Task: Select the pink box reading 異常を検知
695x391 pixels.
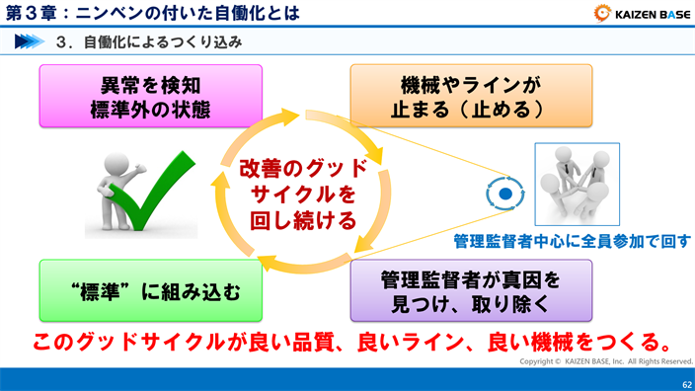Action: coord(150,97)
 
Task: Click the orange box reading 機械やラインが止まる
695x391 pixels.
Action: coord(470,97)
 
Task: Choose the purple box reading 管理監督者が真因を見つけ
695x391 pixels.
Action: coord(470,290)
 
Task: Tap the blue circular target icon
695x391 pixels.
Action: coord(504,195)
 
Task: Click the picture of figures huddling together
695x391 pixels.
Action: coord(578,186)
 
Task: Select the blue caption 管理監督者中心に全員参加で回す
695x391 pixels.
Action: coord(572,241)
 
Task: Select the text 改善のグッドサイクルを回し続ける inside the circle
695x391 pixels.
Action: coord(302,193)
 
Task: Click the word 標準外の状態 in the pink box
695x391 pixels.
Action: coord(150,110)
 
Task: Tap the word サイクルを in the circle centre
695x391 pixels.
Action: coord(302,193)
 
